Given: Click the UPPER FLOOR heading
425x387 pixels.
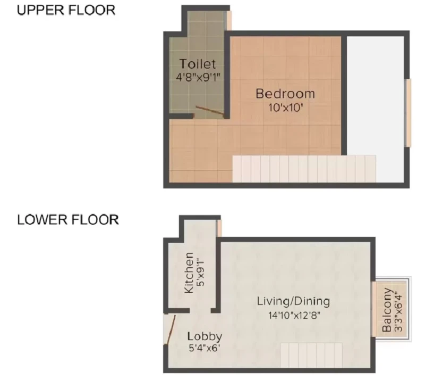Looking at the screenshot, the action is [66, 10].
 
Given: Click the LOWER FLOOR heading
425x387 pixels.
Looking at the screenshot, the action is [68, 220].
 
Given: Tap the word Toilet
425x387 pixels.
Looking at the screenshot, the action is [198, 64].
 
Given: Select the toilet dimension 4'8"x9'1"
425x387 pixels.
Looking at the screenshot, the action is [198, 77].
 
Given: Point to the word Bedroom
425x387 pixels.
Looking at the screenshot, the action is [285, 94].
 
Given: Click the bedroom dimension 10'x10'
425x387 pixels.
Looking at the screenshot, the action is [285, 108].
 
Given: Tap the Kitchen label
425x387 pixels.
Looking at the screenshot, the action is [189, 273].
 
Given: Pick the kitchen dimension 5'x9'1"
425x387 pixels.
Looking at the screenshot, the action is [201, 273].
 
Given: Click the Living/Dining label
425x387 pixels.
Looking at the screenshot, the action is [293, 301].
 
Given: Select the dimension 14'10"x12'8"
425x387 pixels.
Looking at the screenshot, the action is [294, 315].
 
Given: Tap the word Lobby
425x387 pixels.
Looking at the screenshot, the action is [205, 337].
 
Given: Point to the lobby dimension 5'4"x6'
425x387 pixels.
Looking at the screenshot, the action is [204, 348].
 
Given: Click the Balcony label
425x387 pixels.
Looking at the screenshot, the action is [387, 310].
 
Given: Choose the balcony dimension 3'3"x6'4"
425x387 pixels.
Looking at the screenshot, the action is [398, 311].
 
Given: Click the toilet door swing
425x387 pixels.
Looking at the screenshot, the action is [210, 111].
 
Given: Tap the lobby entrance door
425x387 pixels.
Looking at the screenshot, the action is [171, 330].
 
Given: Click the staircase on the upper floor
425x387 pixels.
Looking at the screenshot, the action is [304, 169].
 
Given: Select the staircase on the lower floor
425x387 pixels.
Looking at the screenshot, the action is [311, 355].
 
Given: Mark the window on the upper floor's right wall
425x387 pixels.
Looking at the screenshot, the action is [407, 113].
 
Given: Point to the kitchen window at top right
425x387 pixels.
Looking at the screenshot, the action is [219, 228].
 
